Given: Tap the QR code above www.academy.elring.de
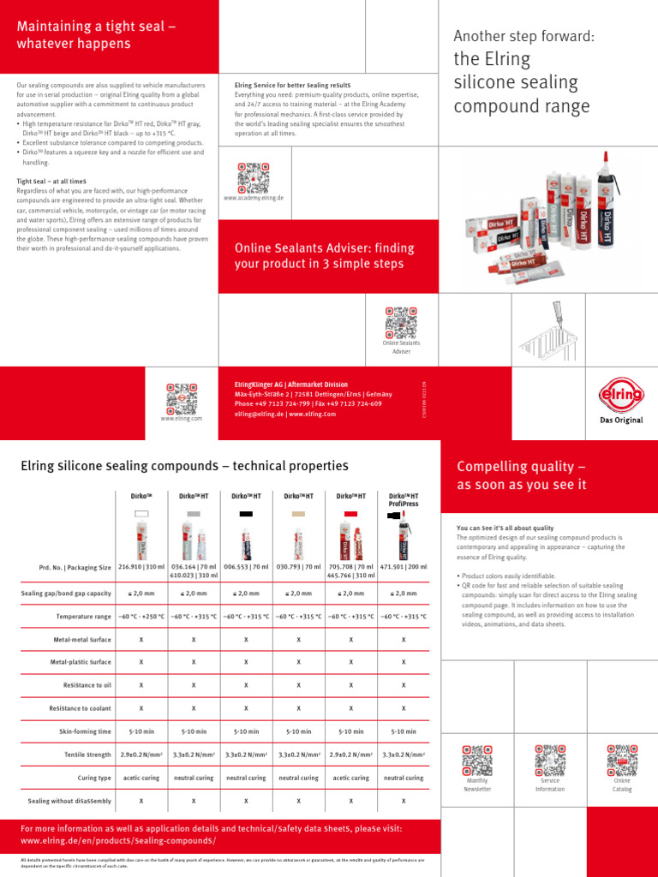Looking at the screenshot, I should [253, 176].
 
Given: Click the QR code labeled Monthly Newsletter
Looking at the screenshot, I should [478, 760].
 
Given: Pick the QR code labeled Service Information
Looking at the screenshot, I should [550, 760].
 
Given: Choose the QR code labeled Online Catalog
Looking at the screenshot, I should [622, 760].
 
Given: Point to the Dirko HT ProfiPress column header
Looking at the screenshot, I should [404, 499].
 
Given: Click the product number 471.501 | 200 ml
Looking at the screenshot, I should [404, 567].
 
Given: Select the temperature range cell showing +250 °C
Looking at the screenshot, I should [141, 616].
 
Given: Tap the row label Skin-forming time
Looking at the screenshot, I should [85, 731].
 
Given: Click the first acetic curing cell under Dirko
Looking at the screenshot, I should [141, 778].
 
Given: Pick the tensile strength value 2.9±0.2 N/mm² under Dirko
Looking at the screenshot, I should [141, 755].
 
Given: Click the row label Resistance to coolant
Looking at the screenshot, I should [81, 708].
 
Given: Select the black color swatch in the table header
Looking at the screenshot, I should [246, 513].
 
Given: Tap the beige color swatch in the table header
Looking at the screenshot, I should [298, 513].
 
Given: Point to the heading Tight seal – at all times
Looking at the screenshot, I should [51, 182].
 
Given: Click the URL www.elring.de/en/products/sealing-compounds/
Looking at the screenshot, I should [118, 841].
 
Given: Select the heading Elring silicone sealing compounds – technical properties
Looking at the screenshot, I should [184, 466].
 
